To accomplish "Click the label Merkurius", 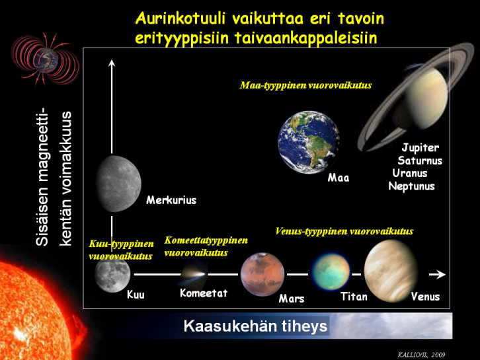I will (171, 200).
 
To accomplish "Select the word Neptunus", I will (412, 186).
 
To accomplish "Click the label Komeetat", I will (204, 293).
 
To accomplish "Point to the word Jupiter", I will (420, 147).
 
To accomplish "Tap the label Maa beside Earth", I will (339, 178).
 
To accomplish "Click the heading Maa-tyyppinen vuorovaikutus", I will (305, 86).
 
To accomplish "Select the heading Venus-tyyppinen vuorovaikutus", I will (344, 231).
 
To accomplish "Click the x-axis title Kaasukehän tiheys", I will (255, 326).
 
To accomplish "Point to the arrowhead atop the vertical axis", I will (112, 63).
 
